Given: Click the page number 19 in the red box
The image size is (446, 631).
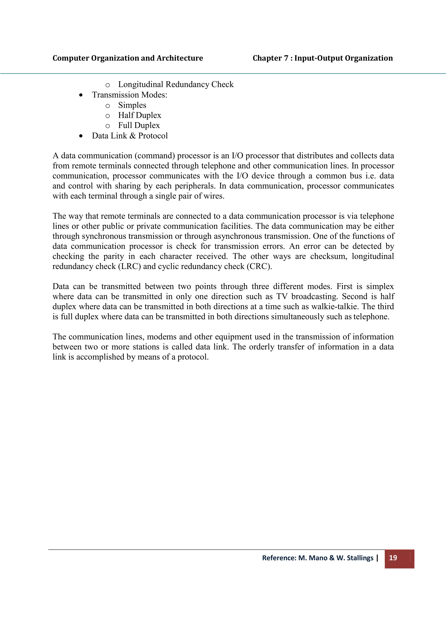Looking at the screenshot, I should coord(393,558).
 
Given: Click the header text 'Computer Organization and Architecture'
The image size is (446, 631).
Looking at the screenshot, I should coord(128,58).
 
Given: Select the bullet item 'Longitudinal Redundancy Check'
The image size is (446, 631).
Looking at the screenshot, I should coord(176,84).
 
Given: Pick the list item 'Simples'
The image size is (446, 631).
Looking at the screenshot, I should coord(132,105).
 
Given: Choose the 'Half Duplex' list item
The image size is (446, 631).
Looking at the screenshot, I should coord(140,115).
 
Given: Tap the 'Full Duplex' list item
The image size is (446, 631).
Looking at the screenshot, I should coord(139,125).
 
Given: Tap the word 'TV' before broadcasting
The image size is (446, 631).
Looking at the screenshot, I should coord(282,297).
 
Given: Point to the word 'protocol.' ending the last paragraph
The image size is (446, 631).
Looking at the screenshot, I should coord(193,357).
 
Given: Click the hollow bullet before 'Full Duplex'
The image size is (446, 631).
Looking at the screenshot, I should coord(108,126).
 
